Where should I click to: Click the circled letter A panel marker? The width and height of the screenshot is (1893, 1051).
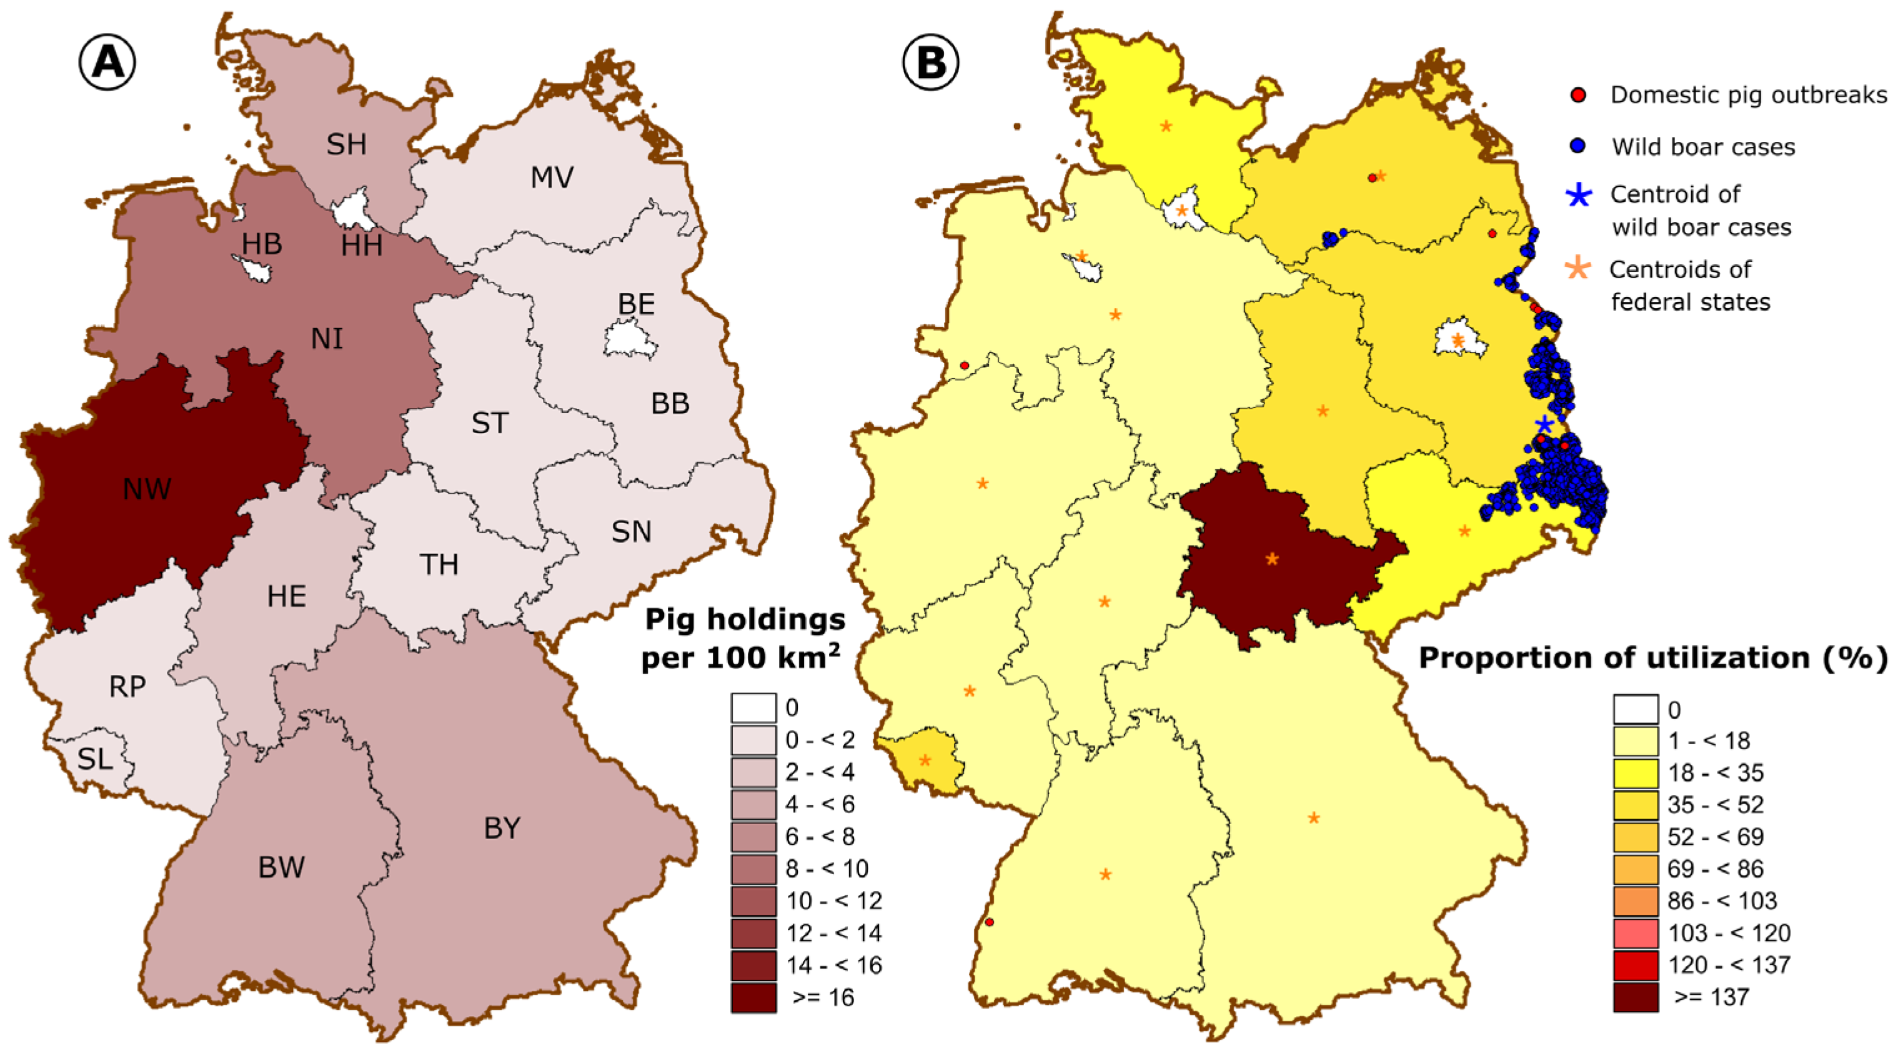(x=107, y=62)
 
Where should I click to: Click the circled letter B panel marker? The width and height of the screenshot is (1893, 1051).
(x=930, y=62)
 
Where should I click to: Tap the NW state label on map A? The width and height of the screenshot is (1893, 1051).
(x=147, y=489)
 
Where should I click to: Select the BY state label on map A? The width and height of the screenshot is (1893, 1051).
(x=502, y=829)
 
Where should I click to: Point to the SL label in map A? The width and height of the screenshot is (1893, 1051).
(x=95, y=759)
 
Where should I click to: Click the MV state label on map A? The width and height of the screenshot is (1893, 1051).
(x=552, y=177)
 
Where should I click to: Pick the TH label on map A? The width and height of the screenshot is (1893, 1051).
(x=439, y=564)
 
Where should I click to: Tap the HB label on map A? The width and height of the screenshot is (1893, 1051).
(x=262, y=244)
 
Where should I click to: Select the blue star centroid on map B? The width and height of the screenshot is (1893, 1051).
(x=1544, y=424)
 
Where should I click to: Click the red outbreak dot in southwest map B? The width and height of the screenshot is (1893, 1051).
(x=989, y=922)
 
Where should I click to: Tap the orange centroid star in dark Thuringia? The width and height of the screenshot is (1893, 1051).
(x=1272, y=559)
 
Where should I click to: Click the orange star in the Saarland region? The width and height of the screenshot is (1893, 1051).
(x=925, y=760)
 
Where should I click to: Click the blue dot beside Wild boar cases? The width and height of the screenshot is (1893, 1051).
(x=1577, y=146)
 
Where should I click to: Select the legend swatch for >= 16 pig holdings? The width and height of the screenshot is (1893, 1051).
(x=753, y=997)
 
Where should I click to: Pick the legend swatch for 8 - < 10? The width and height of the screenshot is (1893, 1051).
(x=753, y=869)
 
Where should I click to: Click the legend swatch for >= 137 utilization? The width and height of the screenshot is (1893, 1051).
(x=1636, y=997)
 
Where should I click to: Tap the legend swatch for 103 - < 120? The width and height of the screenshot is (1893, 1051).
(x=1636, y=933)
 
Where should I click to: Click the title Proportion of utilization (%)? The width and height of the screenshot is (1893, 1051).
(x=1652, y=658)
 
